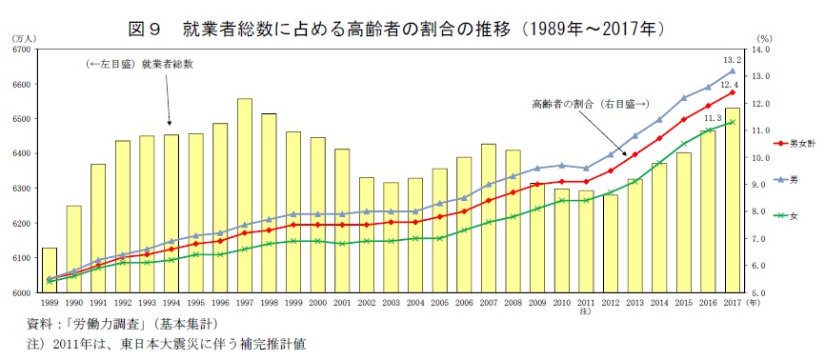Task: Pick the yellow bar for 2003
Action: tap(392, 237)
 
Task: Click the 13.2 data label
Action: tap(733, 59)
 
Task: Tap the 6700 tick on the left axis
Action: tap(22, 50)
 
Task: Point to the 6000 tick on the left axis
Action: tap(22, 293)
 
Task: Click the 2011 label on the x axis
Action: tap(586, 303)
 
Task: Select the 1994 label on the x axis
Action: tap(171, 303)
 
